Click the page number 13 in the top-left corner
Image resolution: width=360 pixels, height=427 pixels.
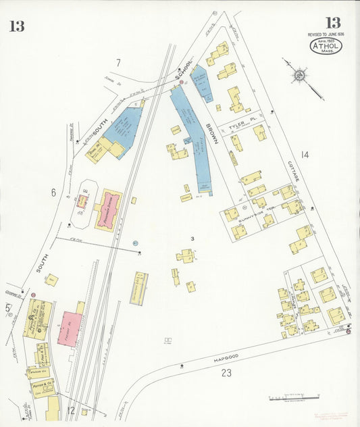click(17, 26)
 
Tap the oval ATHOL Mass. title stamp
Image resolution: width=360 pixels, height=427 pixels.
click(326, 46)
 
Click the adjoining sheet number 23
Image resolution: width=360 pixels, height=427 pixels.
click(226, 373)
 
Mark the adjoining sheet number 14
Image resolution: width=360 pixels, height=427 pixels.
click(305, 155)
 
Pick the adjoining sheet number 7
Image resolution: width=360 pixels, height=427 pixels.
click(118, 63)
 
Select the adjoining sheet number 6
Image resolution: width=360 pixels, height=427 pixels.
click(52, 192)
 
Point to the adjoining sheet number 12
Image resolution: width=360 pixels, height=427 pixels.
click(71, 410)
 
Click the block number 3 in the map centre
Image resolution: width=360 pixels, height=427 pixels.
click(192, 238)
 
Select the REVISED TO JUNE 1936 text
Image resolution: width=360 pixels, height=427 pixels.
click(326, 34)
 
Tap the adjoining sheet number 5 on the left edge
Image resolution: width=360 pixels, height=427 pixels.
click(8, 309)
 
